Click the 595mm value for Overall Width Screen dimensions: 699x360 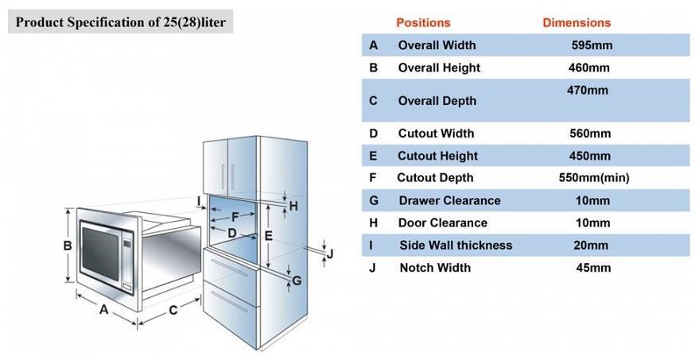click(x=592, y=45)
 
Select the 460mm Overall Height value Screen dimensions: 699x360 click(x=589, y=68)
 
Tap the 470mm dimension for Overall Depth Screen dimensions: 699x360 click(x=588, y=91)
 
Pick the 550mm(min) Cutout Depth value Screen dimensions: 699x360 click(x=594, y=178)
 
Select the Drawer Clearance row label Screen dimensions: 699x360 click(x=449, y=200)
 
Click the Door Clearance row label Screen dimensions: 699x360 click(x=443, y=223)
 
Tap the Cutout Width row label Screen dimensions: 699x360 click(x=436, y=134)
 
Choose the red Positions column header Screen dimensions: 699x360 click(x=424, y=23)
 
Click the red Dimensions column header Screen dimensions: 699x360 click(x=577, y=23)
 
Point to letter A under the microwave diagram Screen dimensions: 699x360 click(x=104, y=309)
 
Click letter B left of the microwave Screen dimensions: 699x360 click(x=68, y=246)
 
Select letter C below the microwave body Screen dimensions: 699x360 click(x=173, y=310)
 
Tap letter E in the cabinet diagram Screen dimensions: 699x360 click(x=268, y=235)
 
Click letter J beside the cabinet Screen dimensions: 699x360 click(x=330, y=254)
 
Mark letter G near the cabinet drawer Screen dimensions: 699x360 click(x=297, y=281)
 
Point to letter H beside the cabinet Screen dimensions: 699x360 click(x=293, y=206)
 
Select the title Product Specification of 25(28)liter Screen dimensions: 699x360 click(x=121, y=21)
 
